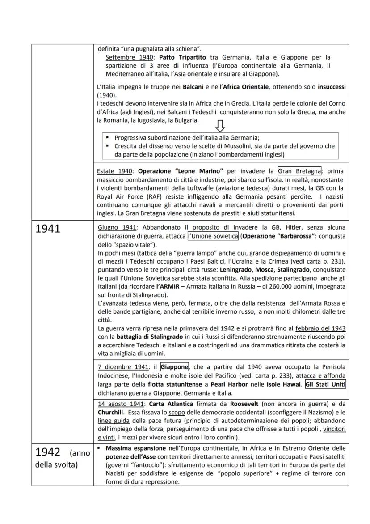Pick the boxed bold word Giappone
point(175,366)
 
